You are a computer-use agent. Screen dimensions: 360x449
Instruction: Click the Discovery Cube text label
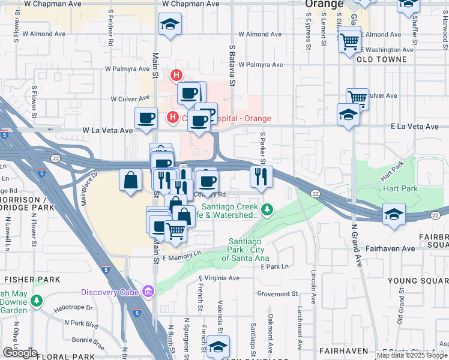(111, 292)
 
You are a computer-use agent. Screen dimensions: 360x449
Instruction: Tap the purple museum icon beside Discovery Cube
(148, 292)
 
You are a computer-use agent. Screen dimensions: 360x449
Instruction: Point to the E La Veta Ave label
(415, 127)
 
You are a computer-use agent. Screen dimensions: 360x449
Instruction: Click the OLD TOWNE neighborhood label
(381, 59)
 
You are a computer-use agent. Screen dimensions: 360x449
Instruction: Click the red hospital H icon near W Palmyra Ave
(176, 75)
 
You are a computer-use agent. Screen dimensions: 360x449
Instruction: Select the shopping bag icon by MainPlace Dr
(131, 179)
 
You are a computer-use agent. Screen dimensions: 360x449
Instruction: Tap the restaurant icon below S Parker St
(261, 176)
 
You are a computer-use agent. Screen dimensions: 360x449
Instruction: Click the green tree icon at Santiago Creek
(267, 209)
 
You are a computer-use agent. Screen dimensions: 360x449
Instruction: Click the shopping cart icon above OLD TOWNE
(349, 41)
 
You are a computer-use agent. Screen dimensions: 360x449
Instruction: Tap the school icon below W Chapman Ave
(170, 25)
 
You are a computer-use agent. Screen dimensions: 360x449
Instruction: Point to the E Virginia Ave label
(218, 278)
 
